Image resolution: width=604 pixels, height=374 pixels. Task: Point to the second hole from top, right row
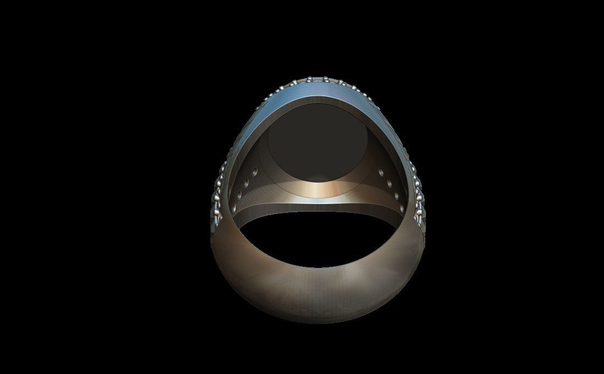pos(390,182)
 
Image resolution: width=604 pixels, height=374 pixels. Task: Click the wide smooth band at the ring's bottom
pos(319,297)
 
